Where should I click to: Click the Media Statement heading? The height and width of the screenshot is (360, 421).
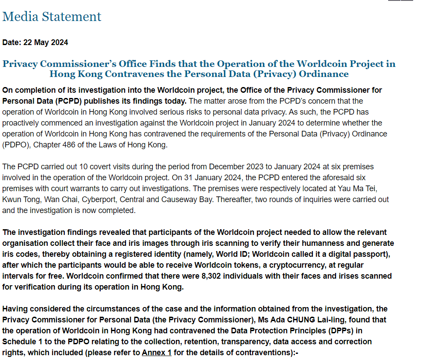[52, 17]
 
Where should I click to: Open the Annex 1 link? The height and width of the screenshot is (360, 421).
[156, 352]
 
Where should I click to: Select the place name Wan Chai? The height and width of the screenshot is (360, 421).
[60, 199]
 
